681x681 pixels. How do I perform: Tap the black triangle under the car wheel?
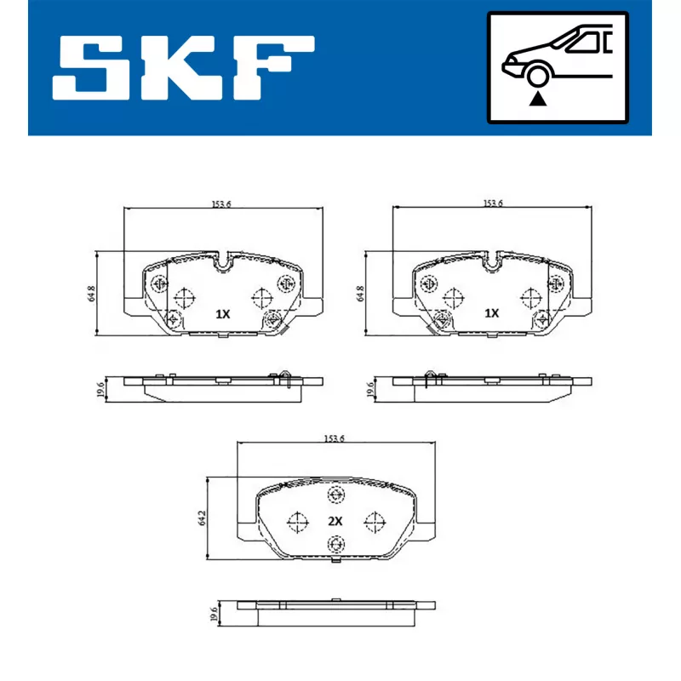[538, 99]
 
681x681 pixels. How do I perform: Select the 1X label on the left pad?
[223, 314]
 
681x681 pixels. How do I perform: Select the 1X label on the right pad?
[492, 313]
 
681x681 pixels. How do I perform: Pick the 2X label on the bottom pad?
[335, 521]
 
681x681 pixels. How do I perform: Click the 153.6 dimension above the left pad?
[221, 203]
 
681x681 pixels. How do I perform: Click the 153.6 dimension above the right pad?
[493, 203]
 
